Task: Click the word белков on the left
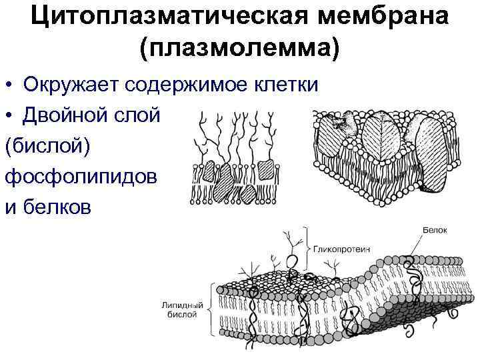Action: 56,207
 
